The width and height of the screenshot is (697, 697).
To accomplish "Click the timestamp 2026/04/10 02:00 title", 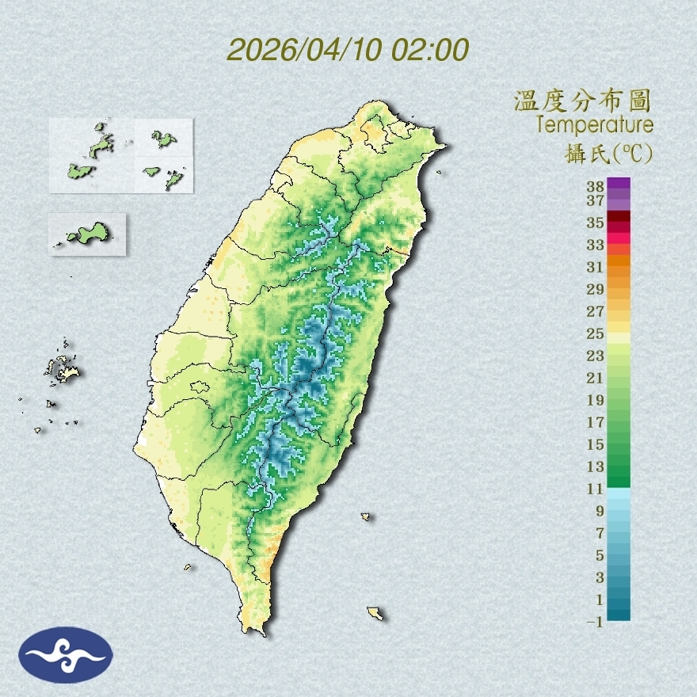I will coord(348,49).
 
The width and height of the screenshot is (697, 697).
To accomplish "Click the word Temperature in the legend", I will coord(594,125).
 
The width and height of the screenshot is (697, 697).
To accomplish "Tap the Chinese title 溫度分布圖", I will coord(583,101).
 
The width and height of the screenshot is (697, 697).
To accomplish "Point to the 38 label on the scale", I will coord(596,186).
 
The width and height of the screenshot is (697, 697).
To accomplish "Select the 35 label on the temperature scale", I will coord(596,223).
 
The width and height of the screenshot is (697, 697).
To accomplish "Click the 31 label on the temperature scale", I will coord(596,267).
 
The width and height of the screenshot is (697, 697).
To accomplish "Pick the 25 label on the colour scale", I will coord(596,333).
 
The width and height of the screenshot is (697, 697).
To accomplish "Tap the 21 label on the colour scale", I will coord(596,378).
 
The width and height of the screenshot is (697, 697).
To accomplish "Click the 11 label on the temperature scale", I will coord(596,489).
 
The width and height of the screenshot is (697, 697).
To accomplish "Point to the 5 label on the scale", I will coord(600,555).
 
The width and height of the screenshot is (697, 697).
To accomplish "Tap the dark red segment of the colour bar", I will coord(619,217).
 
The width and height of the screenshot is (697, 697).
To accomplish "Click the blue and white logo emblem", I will coord(67,654).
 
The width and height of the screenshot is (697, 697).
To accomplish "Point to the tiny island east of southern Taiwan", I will coord(366,516).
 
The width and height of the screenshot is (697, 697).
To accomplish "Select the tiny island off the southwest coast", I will coord(188,566).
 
